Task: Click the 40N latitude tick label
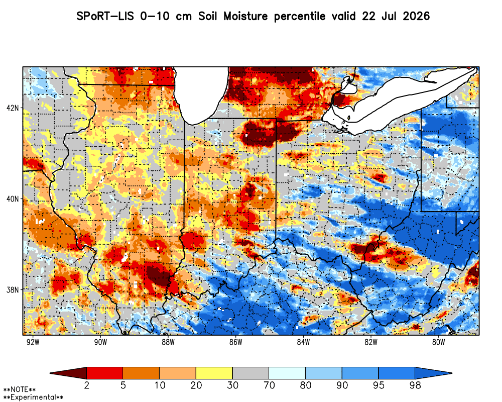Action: pos(13,199)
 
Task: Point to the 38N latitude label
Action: pos(13,290)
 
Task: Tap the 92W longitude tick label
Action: pos(33,342)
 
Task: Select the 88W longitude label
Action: pos(168,342)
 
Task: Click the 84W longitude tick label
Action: pos(304,342)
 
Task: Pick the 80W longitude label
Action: pos(439,342)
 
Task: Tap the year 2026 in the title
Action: pos(416,16)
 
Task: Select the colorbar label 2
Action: pos(86,385)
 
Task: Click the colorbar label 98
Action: pos(415,385)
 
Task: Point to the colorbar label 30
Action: pos(232,385)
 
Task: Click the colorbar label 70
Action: pos(269,385)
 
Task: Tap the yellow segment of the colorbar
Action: pos(214,373)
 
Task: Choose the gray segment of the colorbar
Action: pos(250,373)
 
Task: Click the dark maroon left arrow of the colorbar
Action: pos(72,373)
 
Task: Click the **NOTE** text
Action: pos(20,390)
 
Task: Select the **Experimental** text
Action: pos(33,397)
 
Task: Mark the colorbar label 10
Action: pos(160,385)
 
